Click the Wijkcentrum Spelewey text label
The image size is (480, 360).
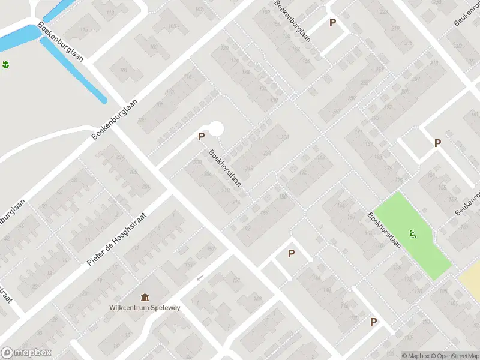coord(145,308)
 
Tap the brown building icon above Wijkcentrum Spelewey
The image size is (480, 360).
coord(145,298)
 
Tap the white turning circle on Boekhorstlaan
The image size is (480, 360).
coord(215,128)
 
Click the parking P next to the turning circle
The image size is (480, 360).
coord(202,137)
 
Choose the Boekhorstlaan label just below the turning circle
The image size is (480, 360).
coord(225,167)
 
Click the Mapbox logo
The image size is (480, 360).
coord(26,353)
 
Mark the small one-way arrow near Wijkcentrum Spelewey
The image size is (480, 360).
coord(200,277)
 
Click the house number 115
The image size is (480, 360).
coord(85,30)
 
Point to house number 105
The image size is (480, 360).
coord(173,26)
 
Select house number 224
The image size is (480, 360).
coord(267,154)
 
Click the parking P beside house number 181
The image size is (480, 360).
coord(437,143)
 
